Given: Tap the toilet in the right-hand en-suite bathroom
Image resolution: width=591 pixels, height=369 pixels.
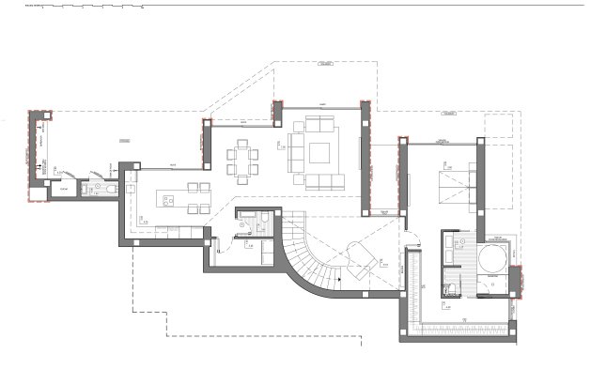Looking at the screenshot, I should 449,287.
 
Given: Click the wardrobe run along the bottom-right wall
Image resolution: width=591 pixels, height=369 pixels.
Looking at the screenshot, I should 465,325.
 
